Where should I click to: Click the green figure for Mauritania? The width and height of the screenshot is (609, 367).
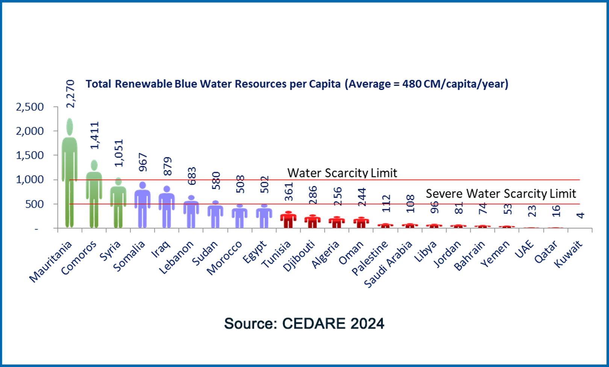(x=70, y=173)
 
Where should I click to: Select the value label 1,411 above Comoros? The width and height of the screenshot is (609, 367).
(x=94, y=135)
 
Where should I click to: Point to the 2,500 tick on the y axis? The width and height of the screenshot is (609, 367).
(x=30, y=107)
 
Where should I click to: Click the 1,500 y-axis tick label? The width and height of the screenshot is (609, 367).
(x=30, y=155)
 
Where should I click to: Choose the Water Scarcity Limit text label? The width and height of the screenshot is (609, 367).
(x=342, y=173)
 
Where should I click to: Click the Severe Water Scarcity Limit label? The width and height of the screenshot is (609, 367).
(x=501, y=194)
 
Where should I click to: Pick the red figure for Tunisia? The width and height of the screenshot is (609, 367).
(x=288, y=220)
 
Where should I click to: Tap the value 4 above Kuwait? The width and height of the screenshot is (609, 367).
(x=581, y=215)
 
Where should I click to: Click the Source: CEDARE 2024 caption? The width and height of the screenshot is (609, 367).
(x=304, y=323)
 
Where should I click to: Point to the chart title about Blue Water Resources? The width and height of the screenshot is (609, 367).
(x=297, y=84)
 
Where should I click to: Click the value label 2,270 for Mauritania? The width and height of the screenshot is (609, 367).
(x=70, y=94)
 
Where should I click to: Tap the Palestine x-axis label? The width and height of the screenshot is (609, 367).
(x=370, y=258)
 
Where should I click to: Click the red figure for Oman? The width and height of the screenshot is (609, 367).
(x=361, y=222)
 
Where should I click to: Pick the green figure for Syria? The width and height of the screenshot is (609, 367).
(x=118, y=203)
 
